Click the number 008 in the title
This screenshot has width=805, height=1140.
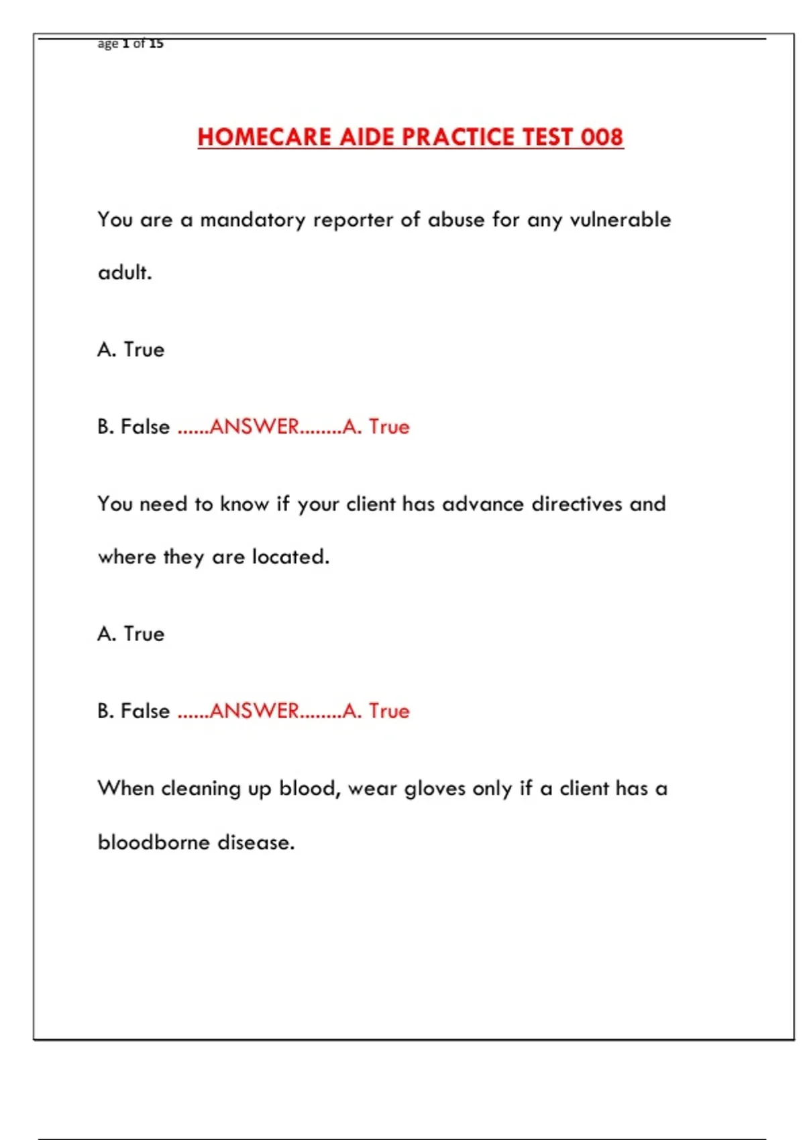[x=602, y=137]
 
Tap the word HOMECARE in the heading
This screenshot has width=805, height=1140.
[x=264, y=137]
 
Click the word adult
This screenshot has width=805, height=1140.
[x=125, y=273]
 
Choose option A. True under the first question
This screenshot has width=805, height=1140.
[x=131, y=350]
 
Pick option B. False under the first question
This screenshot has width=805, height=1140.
[x=133, y=427]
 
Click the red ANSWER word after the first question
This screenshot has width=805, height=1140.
[x=254, y=427]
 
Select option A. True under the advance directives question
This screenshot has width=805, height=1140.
[x=131, y=634]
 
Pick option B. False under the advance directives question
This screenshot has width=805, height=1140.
[x=133, y=711]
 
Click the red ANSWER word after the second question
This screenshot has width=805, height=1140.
[x=254, y=711]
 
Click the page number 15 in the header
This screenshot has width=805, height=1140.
[x=156, y=44]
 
